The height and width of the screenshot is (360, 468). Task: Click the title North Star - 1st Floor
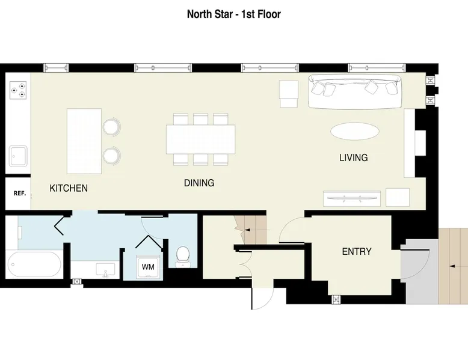(234, 14)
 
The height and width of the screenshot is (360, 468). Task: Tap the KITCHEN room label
(69, 188)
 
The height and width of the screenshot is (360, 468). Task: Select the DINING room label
(199, 183)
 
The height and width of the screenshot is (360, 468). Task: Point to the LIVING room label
(353, 157)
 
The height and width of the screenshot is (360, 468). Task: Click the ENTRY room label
(357, 251)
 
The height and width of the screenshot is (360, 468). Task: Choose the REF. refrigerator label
(20, 194)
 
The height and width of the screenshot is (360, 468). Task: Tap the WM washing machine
(148, 267)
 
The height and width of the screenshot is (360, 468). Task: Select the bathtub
(34, 264)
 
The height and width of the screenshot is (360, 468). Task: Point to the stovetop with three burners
(18, 90)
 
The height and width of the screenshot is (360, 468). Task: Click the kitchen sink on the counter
(18, 156)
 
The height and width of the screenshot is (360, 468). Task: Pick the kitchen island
(84, 141)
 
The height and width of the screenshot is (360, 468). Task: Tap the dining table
(200, 139)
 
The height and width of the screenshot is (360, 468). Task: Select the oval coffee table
(354, 131)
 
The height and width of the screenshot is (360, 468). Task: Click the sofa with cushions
(354, 91)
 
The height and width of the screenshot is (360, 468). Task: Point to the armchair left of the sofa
(289, 94)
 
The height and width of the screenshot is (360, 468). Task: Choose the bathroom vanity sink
(105, 270)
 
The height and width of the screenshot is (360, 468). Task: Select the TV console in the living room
(351, 198)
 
